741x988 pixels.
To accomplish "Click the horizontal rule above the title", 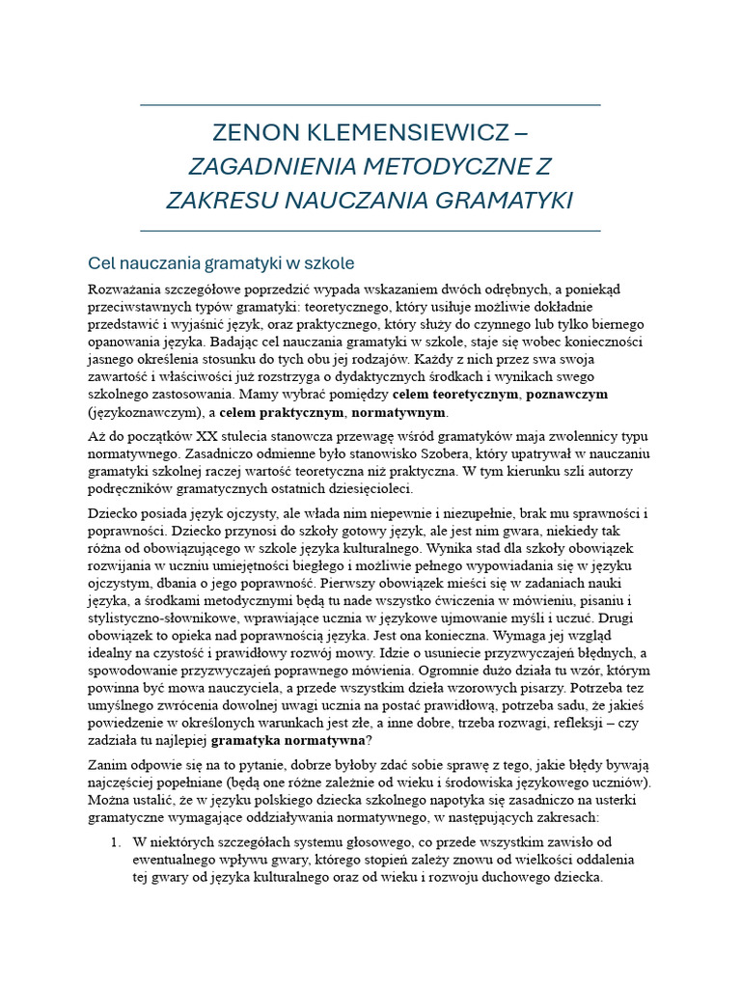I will (x=370, y=104).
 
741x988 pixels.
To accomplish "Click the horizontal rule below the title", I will (x=370, y=232).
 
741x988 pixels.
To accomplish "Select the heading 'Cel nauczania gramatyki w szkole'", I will (x=222, y=262).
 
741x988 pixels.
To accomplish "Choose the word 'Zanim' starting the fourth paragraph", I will (x=109, y=765).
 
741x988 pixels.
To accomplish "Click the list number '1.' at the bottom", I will (x=115, y=842).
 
